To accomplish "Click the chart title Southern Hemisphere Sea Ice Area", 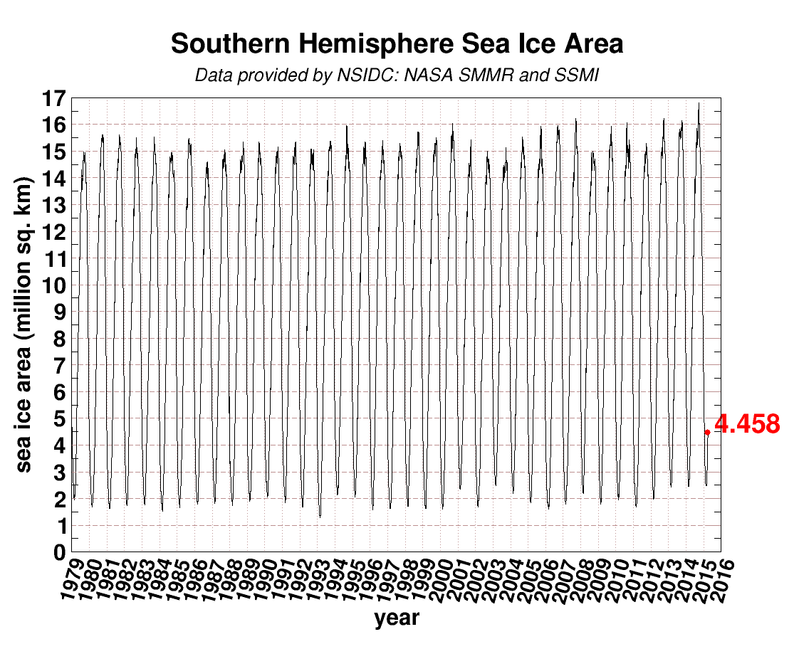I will pyautogui.click(x=397, y=44).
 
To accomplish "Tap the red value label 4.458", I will pyautogui.click(x=747, y=425).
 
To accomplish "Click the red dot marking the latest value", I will pyautogui.click(x=707, y=432).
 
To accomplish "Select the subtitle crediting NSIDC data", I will pyautogui.click(x=397, y=75).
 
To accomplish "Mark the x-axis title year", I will pyautogui.click(x=397, y=618).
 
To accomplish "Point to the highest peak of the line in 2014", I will pyautogui.click(x=699, y=104).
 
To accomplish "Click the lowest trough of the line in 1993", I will pyautogui.click(x=320, y=516).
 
